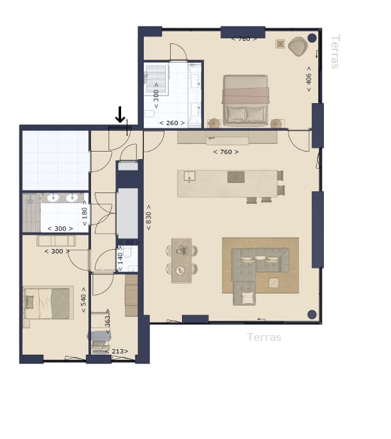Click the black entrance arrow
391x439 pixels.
[x=120, y=114]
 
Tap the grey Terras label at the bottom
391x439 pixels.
[x=264, y=337]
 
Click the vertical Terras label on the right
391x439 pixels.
[x=335, y=52]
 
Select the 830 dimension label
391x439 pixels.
[x=148, y=217]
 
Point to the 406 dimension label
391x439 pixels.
[x=309, y=79]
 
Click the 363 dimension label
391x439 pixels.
[x=107, y=320]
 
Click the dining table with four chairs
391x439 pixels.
[x=181, y=259]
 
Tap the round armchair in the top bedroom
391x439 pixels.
[x=297, y=46]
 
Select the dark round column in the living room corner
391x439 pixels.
[x=311, y=314]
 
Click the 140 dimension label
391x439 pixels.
[x=119, y=259]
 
